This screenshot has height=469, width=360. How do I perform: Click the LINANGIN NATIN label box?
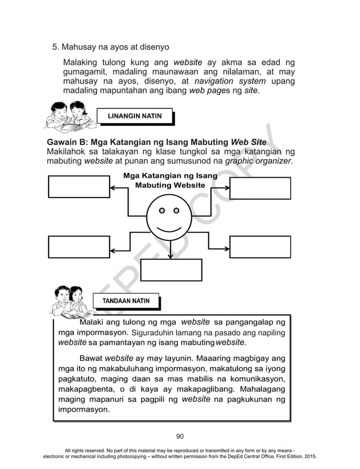tap(134, 116)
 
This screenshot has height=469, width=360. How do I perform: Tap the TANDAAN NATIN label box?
tap(125, 301)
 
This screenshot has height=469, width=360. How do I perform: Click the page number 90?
tap(180, 436)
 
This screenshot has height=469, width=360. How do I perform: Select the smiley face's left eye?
tap(161, 211)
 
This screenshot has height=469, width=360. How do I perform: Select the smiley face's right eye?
tap(176, 211)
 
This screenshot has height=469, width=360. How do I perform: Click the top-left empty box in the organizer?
tap(78, 187)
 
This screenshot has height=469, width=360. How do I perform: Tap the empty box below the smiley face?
tap(171, 270)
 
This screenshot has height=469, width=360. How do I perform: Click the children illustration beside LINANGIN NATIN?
tap(65, 115)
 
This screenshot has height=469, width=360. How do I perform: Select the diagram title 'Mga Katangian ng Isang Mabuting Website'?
tap(170, 181)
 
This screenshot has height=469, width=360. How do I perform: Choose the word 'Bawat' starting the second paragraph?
tap(91, 358)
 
